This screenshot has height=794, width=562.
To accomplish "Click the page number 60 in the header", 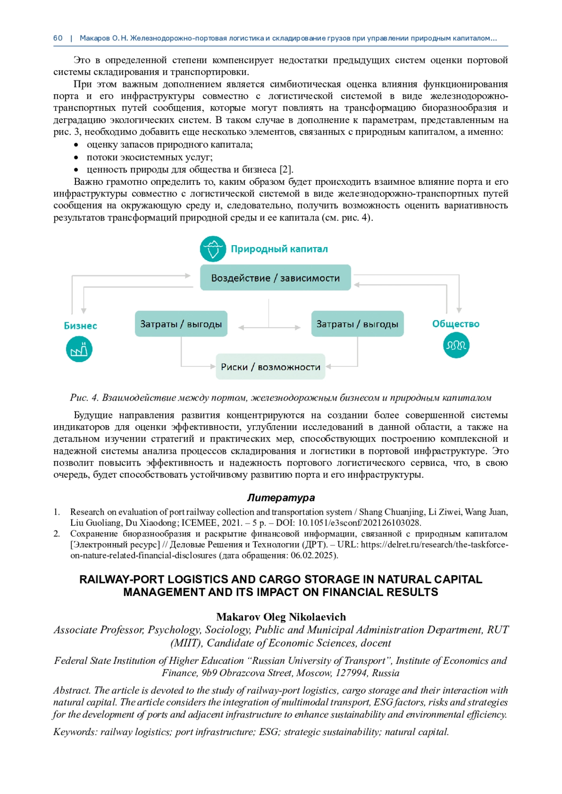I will tap(58, 38).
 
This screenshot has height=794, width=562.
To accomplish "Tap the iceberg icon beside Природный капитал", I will tap(213, 249).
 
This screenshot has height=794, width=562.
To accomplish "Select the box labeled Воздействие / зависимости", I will tap(275, 278).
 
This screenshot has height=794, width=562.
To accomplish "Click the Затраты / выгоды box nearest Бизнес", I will tap(181, 324).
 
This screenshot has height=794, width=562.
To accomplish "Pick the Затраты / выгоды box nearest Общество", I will tap(357, 324).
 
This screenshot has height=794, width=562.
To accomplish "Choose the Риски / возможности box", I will tap(270, 367).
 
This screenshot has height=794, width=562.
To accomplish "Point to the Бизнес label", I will tap(80, 326).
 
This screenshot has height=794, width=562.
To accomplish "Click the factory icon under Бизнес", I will tap(79, 350).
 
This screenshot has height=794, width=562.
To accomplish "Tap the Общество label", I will tap(456, 324).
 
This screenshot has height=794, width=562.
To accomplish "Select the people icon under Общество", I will tap(456, 346).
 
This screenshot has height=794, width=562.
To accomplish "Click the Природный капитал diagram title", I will tap(279, 249).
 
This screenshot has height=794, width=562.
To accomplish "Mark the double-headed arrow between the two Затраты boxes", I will tap(269, 328).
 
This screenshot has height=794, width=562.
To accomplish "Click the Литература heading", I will tap(281, 497).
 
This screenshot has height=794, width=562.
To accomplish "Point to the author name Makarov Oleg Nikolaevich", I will tap(281, 617).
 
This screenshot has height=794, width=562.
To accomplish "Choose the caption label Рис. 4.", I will tap(84, 398).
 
